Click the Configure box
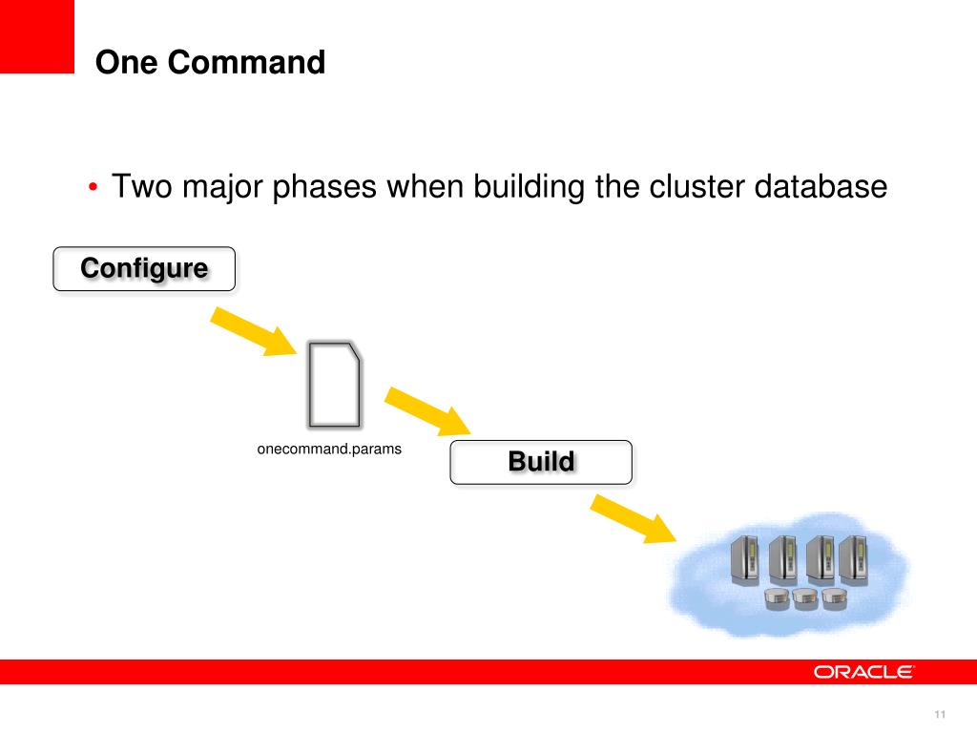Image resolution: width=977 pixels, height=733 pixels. pos(144,268)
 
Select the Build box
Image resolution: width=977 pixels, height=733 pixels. pos(541,463)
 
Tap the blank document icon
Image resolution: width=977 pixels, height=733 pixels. pos(335,384)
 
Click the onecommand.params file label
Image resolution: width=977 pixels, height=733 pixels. pos(329,449)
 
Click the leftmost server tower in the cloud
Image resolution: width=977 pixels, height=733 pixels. pos(744,560)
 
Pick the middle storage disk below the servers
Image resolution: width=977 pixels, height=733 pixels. pos(804,598)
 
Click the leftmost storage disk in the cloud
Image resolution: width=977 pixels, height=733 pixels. pos(778,598)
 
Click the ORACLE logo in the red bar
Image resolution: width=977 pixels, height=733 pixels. pos(863,672)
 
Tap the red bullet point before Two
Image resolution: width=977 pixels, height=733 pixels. pos(93,187)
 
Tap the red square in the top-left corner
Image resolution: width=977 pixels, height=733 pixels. pos(36,36)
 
